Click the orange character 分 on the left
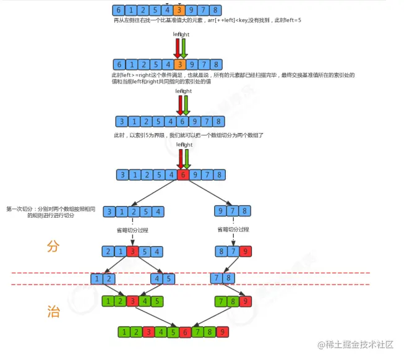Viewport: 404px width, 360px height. [x=53, y=246]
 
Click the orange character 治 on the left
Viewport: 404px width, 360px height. [x=53, y=311]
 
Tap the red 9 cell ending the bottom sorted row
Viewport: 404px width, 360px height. [x=222, y=332]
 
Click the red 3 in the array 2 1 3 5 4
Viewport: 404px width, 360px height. [x=132, y=252]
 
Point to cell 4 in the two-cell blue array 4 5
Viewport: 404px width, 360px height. [x=154, y=278]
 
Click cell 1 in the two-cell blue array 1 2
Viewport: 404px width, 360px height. [x=97, y=278]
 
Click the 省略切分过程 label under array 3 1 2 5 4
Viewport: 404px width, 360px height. [x=132, y=230]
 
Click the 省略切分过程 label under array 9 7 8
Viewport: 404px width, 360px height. [x=233, y=230]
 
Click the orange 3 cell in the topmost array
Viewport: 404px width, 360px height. [x=179, y=11]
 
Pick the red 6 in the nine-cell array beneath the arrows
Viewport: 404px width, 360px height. [x=183, y=174]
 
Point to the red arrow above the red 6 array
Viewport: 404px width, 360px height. [x=179, y=157]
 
